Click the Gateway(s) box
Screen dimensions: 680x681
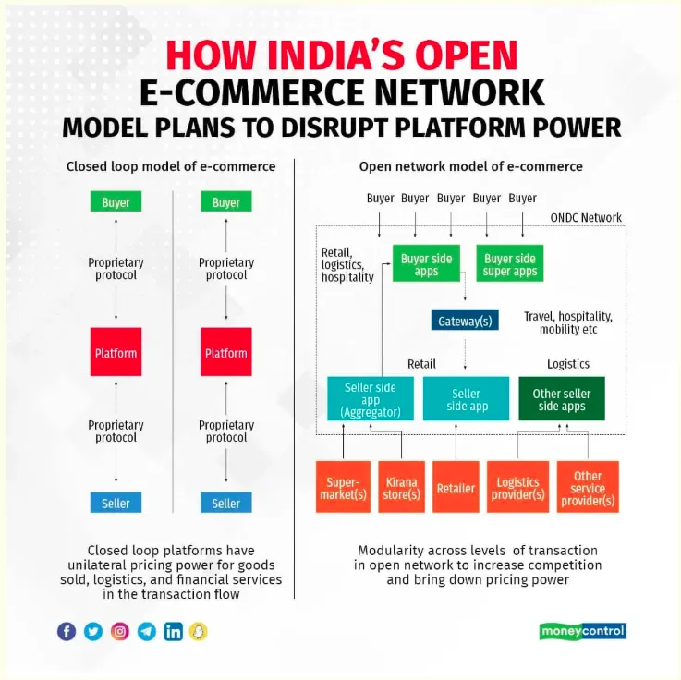465,320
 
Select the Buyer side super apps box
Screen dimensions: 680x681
510,264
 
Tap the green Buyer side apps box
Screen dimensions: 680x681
426,264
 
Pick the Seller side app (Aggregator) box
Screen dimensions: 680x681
370,399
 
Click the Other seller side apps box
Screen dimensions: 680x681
562,399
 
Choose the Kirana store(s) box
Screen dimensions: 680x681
402,488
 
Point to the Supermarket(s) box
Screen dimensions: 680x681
343,488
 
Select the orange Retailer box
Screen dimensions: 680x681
456,488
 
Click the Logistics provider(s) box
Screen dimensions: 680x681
517,488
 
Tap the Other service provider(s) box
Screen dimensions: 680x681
588,488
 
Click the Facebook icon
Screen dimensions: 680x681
67,631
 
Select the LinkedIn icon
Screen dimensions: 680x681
173,631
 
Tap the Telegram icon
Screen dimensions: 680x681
146,631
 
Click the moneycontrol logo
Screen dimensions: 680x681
582,631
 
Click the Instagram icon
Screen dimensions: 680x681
120,631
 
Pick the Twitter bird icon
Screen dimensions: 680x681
93,631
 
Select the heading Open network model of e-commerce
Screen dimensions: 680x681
470,166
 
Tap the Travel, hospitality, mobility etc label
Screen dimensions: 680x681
567,322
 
